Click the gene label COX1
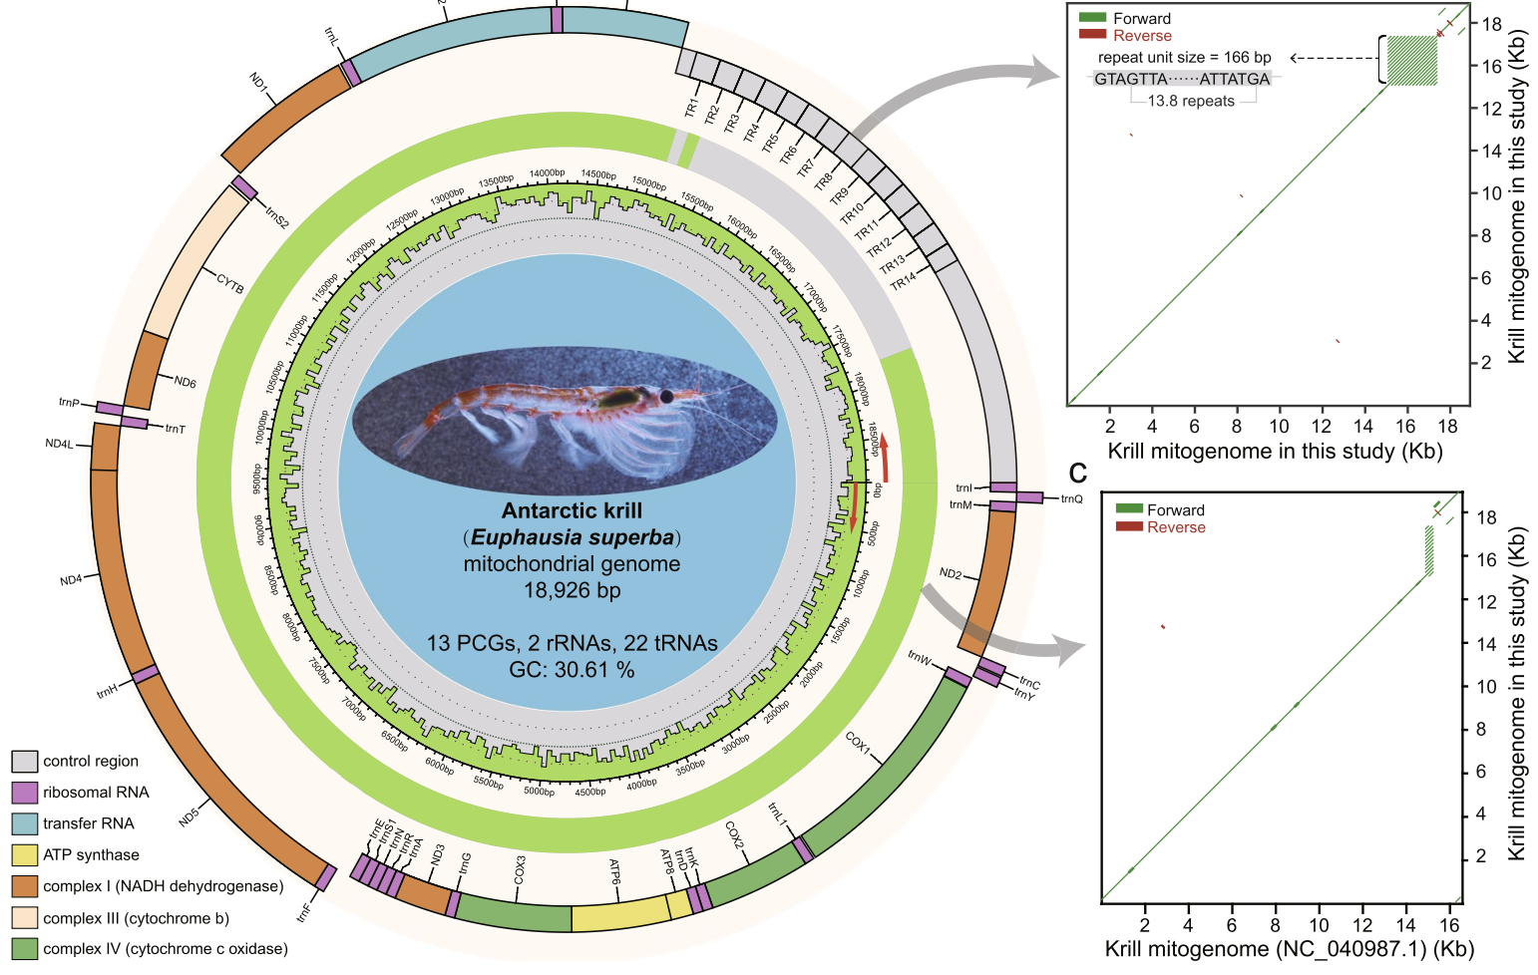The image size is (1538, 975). click(858, 744)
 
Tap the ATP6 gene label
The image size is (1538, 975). click(615, 872)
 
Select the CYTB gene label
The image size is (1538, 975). click(230, 284)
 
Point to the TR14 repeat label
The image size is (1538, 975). click(903, 282)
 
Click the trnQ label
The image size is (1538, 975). click(1071, 498)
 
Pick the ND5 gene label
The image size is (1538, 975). click(189, 817)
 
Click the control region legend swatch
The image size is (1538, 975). click(25, 762)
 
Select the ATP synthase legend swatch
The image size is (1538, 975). click(25, 855)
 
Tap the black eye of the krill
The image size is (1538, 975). click(666, 397)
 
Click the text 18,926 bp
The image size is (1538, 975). click(572, 590)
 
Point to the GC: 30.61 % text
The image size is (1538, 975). click(572, 670)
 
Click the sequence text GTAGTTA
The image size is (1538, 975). click(1130, 79)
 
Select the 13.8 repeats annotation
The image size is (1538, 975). click(1191, 101)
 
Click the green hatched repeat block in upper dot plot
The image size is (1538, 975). click(1411, 61)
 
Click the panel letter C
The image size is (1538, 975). click(1077, 472)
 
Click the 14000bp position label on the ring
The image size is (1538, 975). click(547, 173)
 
